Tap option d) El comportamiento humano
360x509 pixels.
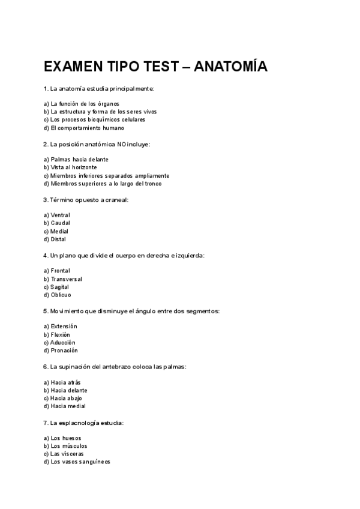tap(84, 128)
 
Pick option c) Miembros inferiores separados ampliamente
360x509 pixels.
tap(102, 176)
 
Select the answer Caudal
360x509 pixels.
tap(60, 223)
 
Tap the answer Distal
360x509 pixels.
tap(58, 239)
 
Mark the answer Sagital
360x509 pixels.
tap(59, 287)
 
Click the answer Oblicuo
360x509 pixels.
tap(61, 295)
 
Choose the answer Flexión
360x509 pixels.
tap(60, 334)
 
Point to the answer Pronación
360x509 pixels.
tap(64, 351)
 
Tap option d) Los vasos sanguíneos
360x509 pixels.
tap(77, 462)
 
